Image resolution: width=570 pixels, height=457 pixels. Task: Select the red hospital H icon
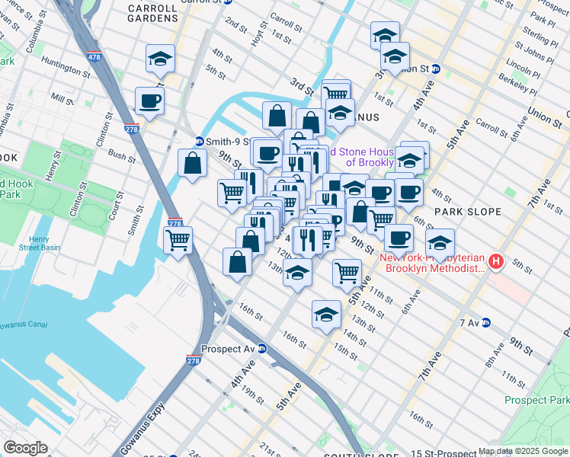click(x=497, y=262)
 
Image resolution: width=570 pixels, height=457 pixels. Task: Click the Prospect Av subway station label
click(x=228, y=349)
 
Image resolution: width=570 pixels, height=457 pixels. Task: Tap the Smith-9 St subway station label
click(x=224, y=141)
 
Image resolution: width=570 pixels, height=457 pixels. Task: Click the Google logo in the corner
click(x=25, y=447)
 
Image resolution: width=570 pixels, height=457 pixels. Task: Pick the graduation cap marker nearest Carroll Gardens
click(x=162, y=58)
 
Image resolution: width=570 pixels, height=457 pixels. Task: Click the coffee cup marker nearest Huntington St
click(x=149, y=101)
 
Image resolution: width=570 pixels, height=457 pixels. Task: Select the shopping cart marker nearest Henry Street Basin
click(x=178, y=241)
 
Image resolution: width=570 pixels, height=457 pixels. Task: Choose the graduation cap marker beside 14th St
click(x=326, y=315)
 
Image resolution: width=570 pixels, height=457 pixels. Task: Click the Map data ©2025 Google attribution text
click(x=523, y=451)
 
